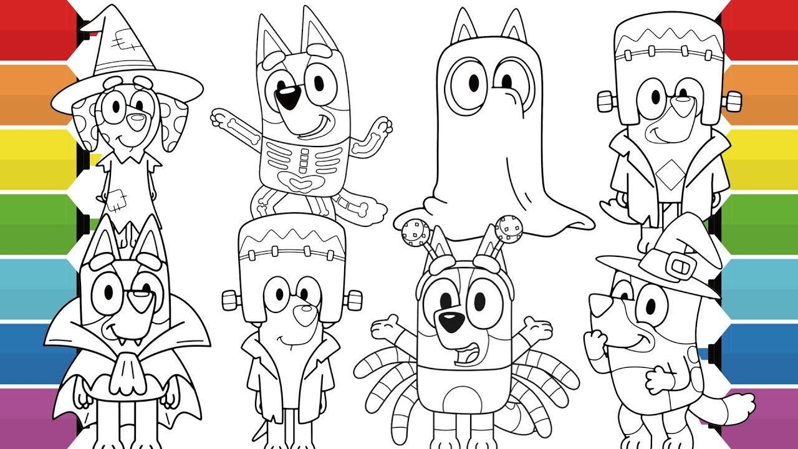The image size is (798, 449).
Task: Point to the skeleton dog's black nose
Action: [288, 95]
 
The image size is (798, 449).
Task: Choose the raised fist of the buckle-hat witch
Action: [594, 343]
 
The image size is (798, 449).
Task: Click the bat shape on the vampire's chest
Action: [132, 374]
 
